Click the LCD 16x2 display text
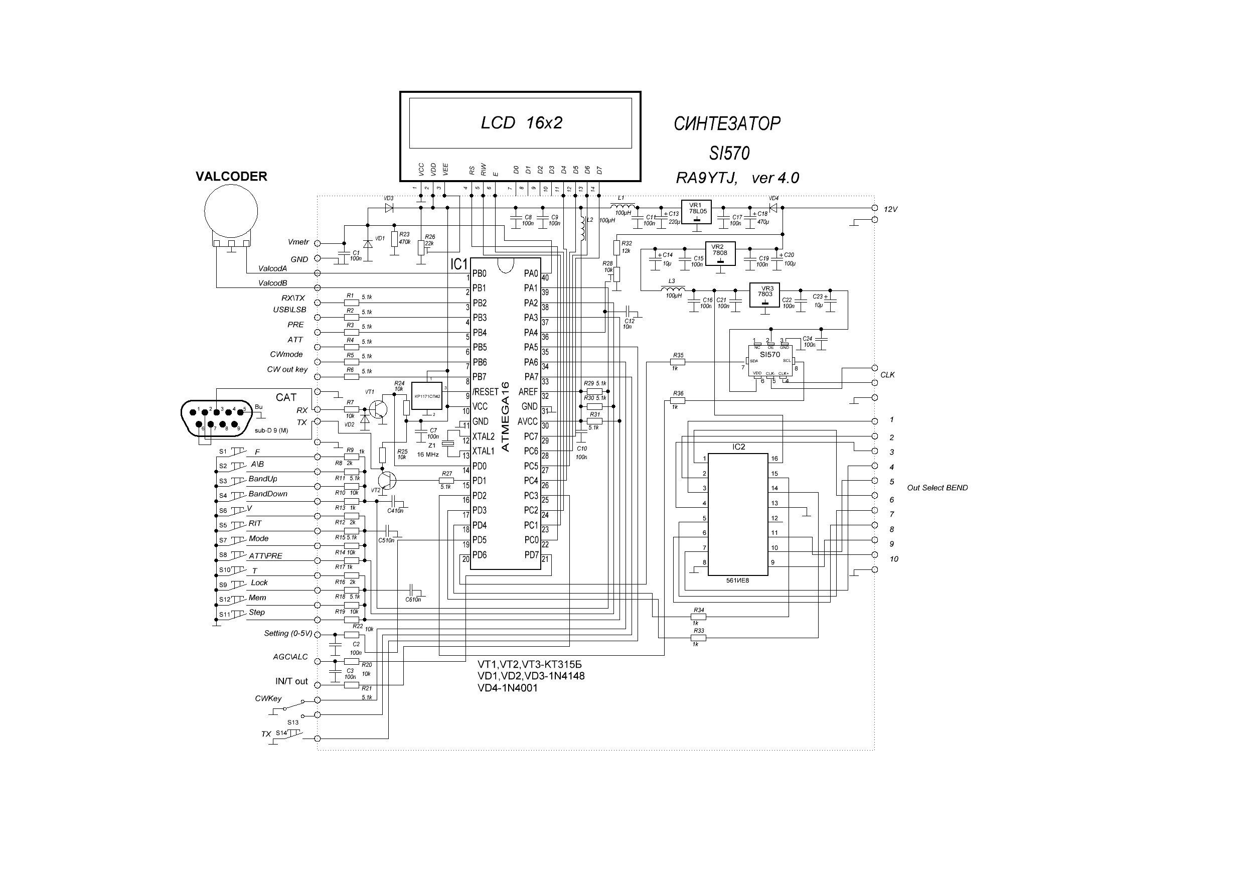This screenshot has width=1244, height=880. [521, 123]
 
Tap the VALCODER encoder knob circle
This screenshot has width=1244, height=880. [231, 211]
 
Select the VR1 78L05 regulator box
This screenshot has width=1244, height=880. [696, 212]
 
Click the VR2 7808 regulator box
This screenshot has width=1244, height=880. [720, 253]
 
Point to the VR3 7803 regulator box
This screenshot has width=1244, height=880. [764, 295]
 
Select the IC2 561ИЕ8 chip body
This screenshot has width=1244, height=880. [737, 514]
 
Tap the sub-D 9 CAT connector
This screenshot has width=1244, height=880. [217, 418]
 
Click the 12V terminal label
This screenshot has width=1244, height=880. [890, 209]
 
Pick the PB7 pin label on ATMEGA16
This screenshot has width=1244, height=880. [480, 377]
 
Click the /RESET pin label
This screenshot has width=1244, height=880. [485, 391]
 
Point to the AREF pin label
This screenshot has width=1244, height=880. [528, 391]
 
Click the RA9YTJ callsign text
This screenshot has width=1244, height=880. [706, 178]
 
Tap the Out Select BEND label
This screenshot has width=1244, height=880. [937, 488]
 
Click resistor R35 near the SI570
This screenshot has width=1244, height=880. [678, 361]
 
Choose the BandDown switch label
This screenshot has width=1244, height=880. [268, 494]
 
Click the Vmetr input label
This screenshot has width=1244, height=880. [298, 242]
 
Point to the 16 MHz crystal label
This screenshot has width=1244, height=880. [427, 455]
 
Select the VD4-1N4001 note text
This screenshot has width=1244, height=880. [507, 688]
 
